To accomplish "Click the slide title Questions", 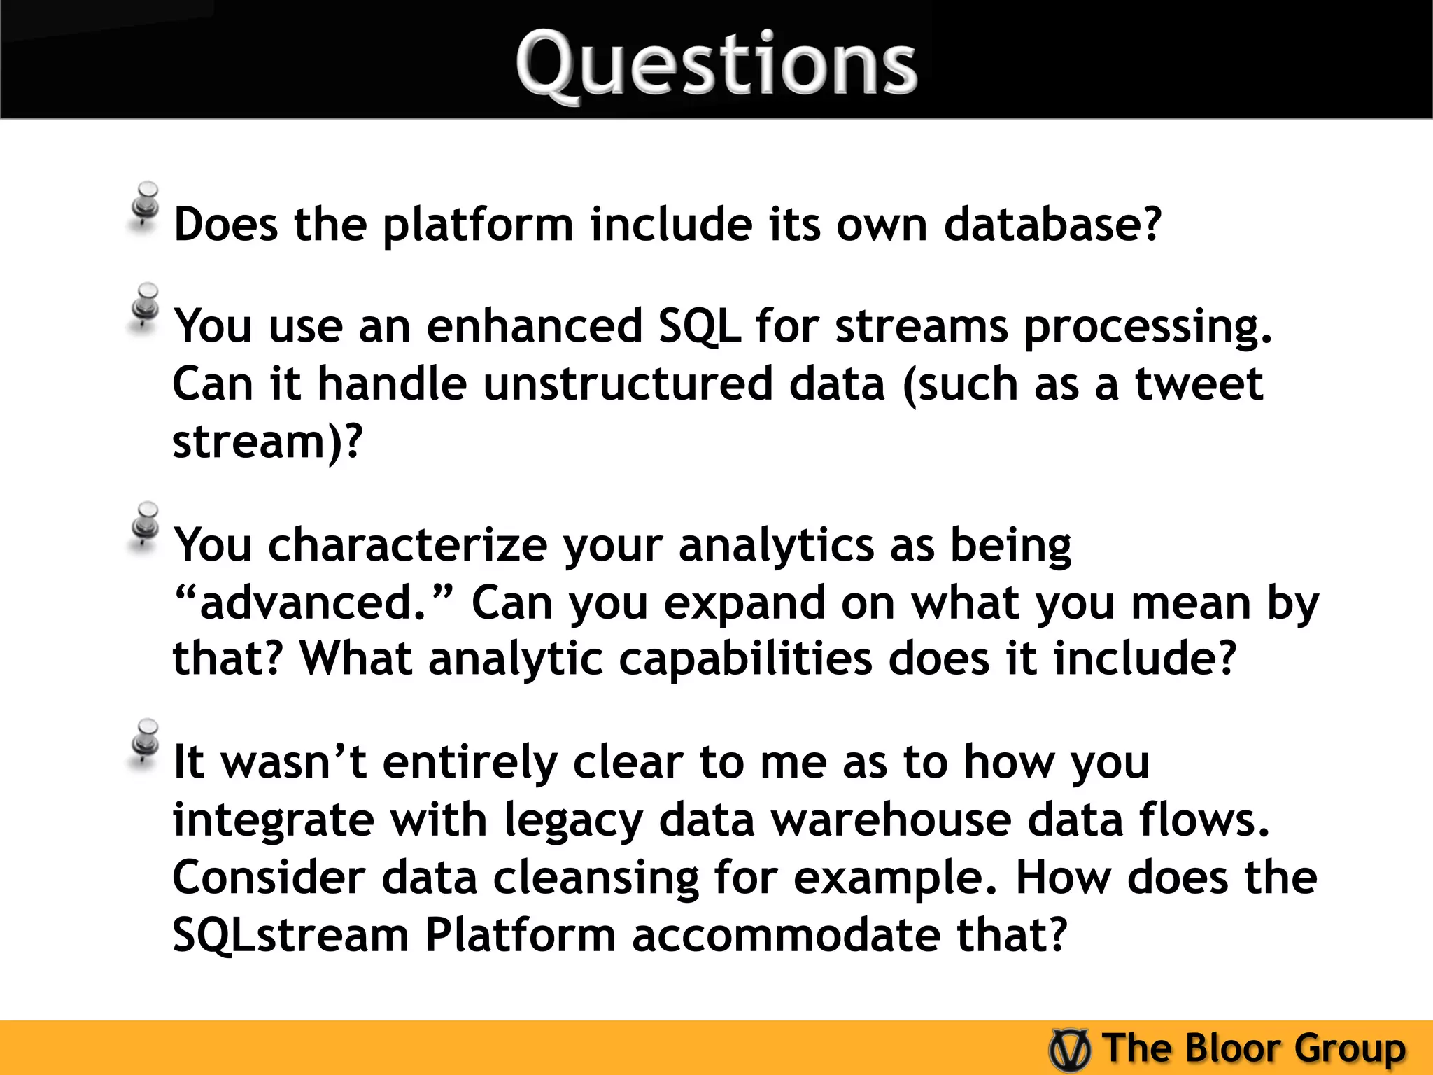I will (716, 64).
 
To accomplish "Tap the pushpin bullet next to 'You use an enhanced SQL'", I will (145, 308).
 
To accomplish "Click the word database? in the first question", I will (1052, 225).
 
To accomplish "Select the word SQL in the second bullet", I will (699, 326).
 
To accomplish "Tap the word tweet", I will (1198, 384).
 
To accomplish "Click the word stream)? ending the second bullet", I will (267, 442).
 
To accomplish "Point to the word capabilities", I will (745, 659).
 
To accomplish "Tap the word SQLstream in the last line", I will (290, 936).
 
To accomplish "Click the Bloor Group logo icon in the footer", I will (1069, 1049).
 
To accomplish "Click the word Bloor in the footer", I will (1232, 1048).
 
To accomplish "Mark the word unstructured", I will (628, 384).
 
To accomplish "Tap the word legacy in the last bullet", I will (573, 820).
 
